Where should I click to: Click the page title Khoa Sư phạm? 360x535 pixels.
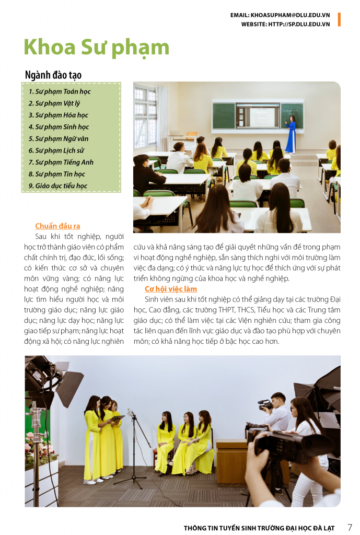point(97,48)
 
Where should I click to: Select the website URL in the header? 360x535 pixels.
point(285,24)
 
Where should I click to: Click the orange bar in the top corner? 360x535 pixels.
point(339,19)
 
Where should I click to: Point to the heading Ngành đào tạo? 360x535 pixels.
point(53,75)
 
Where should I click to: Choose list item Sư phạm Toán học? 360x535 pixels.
point(60,91)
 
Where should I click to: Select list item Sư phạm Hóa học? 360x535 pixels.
point(58,115)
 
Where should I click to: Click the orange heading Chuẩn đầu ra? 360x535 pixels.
point(57,226)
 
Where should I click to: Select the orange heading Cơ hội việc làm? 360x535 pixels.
point(171,288)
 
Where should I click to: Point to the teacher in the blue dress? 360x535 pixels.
point(291,135)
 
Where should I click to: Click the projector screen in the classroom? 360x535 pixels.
point(257,115)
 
